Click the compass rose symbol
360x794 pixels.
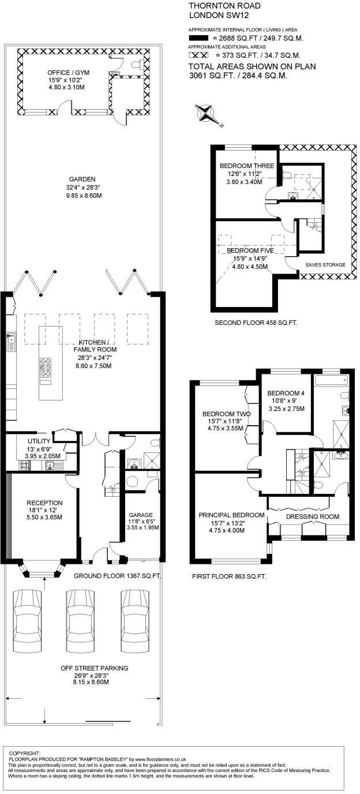click(207, 114)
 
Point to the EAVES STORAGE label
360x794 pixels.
click(325, 265)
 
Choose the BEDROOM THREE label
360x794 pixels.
click(242, 166)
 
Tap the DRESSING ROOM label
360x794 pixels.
click(312, 516)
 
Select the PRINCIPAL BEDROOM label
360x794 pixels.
click(231, 515)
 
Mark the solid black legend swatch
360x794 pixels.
click(198, 39)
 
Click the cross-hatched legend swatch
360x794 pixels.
click(198, 55)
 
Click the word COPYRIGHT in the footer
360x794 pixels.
click(25, 753)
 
